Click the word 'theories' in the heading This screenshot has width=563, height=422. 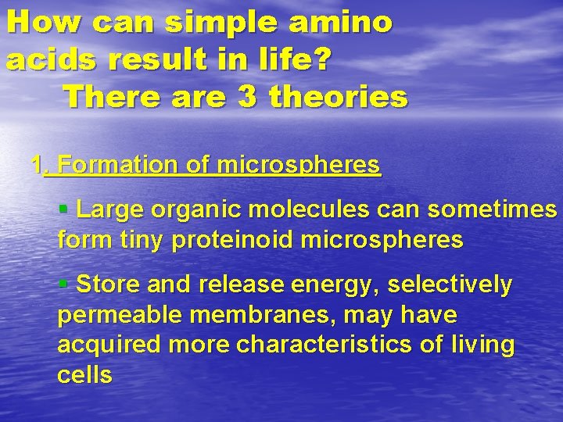pyautogui.click(x=339, y=98)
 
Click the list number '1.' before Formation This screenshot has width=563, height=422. pyautogui.click(x=39, y=165)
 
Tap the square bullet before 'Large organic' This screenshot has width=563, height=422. pyautogui.click(x=63, y=209)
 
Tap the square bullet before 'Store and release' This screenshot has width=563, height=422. pyautogui.click(x=63, y=284)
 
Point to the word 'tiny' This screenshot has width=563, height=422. pyautogui.click(x=142, y=240)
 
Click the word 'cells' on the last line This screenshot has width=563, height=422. pyautogui.click(x=84, y=375)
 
